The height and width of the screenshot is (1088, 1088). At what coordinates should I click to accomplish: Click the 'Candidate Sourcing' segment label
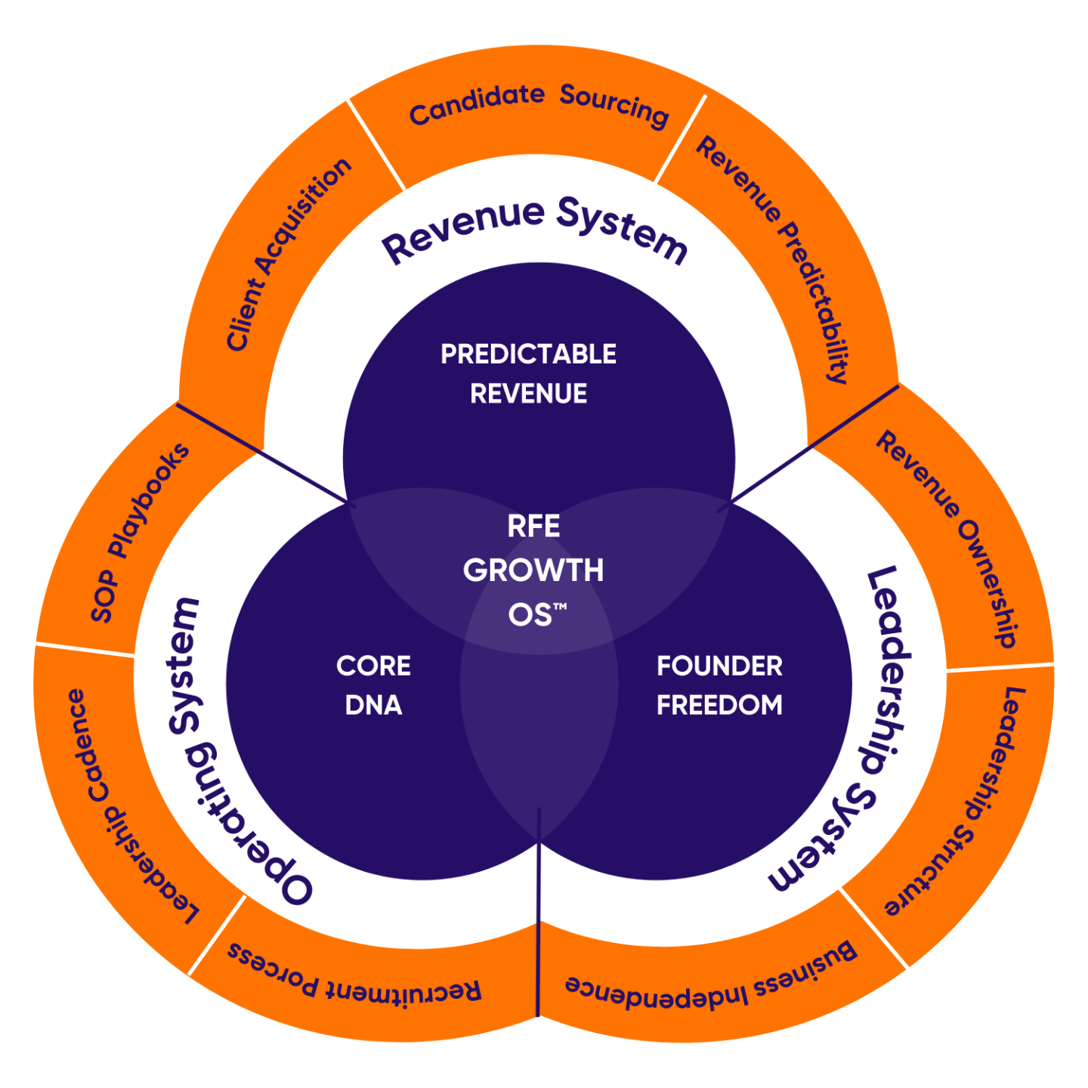pyautogui.click(x=538, y=105)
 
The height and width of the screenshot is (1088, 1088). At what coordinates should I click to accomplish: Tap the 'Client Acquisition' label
pyautogui.click(x=289, y=254)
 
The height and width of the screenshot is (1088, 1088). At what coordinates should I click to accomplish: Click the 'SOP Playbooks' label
pyautogui.click(x=140, y=532)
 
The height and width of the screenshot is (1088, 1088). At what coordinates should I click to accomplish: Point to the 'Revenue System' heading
pyautogui.click(x=534, y=228)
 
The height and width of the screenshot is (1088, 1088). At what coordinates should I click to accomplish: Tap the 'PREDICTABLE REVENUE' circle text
pyautogui.click(x=528, y=373)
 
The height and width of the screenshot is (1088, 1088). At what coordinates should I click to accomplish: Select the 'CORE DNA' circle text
pyautogui.click(x=373, y=685)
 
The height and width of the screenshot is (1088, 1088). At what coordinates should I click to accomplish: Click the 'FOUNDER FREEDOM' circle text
pyautogui.click(x=719, y=685)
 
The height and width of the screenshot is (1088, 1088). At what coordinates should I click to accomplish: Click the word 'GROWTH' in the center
pyautogui.click(x=533, y=570)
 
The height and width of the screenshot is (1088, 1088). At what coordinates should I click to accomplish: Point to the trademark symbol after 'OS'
pyautogui.click(x=560, y=606)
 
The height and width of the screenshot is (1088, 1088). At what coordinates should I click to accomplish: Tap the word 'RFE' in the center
pyautogui.click(x=533, y=527)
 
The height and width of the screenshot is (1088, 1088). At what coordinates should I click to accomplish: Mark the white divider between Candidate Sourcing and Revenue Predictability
pyautogui.click(x=681, y=139)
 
